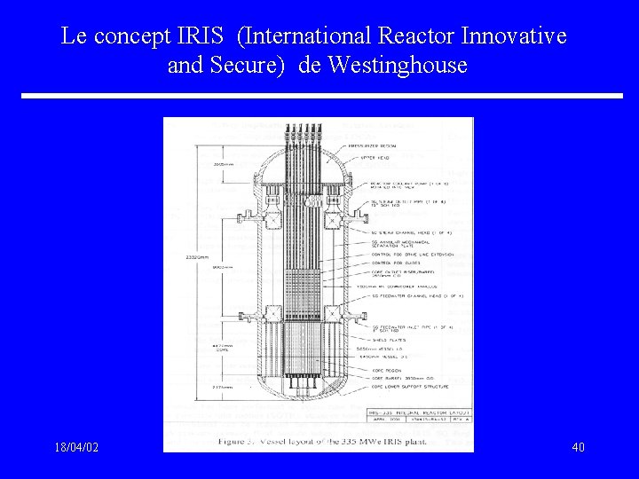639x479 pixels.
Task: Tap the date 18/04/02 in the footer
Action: pyautogui.click(x=75, y=447)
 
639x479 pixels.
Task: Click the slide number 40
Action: pyautogui.click(x=577, y=447)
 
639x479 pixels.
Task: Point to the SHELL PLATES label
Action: pyautogui.click(x=383, y=338)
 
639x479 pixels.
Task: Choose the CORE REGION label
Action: pyautogui.click(x=384, y=371)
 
